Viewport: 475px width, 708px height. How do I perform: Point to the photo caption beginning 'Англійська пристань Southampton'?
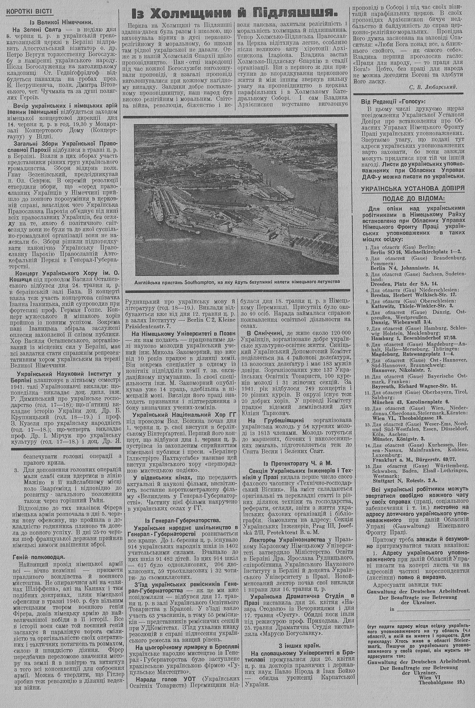[235, 282]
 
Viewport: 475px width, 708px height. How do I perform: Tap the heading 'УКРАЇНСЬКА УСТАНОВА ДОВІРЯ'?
[412, 188]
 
